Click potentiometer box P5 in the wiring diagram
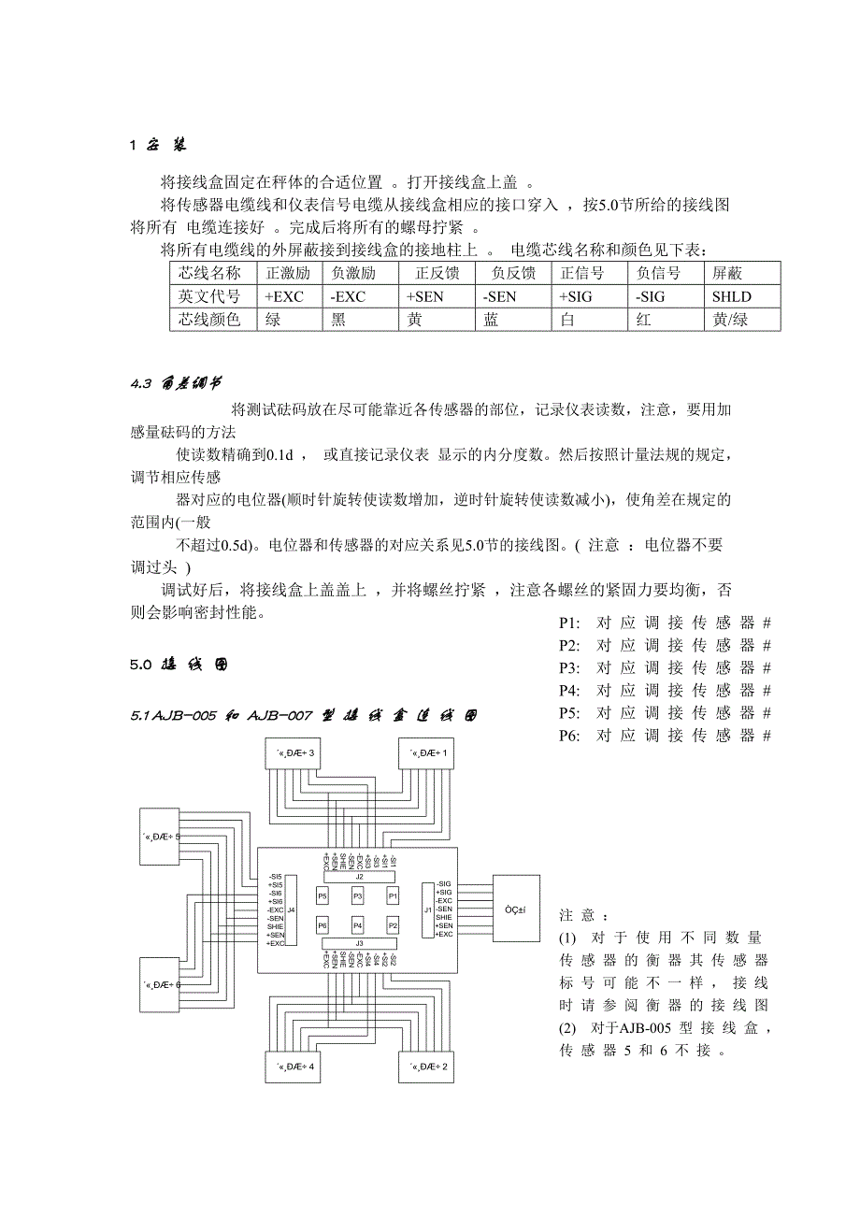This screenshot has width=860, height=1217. pos(322,895)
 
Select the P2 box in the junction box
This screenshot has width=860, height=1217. pos(393,925)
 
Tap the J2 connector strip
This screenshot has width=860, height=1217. pos(358,877)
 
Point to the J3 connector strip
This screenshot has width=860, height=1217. pos(358,943)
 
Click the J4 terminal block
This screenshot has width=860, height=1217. pos(291,909)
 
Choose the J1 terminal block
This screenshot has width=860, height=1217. pos(427,909)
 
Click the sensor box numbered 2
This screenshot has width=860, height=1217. pos(426,1067)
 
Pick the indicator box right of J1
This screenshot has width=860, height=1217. pos(515,909)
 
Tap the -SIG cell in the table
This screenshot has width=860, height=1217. pos(664,296)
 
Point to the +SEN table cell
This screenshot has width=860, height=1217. pos(437,296)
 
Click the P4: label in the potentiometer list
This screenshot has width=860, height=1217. pos(569,691)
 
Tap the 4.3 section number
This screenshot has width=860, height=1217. pos(140,383)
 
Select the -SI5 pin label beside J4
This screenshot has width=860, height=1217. pos(275,877)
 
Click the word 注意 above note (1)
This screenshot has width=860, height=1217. pos(583,914)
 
